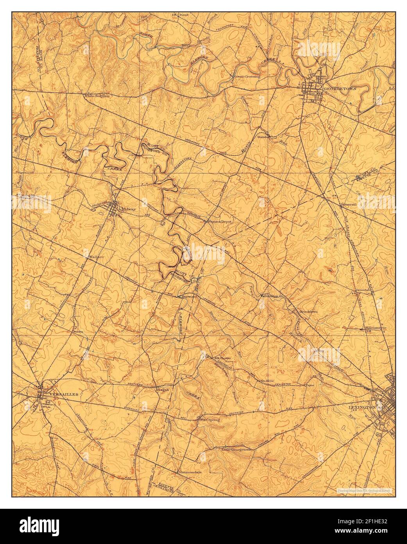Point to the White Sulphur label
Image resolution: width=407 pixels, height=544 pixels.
[97, 95]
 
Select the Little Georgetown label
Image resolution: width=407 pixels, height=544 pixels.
[236, 450]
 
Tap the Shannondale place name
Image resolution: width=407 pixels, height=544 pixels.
[190, 472]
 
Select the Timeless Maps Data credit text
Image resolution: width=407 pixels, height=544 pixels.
[364, 490]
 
